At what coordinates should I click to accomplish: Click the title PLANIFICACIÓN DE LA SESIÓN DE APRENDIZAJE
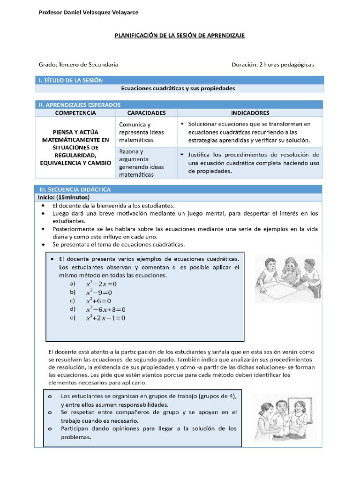point(180,36)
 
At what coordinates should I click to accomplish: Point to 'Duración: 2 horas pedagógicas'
point(272,65)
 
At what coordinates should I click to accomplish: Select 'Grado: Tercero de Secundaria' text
point(78,65)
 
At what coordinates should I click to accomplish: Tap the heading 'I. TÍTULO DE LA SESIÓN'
point(70,80)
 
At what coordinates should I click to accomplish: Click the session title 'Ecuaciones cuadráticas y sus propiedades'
point(178,88)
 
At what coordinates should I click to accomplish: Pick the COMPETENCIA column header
point(75,113)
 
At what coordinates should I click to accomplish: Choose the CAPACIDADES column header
point(146,113)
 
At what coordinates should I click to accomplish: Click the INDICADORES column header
point(250,113)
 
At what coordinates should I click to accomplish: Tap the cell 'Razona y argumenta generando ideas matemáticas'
point(138,163)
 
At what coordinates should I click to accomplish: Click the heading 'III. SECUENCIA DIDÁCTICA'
point(75,189)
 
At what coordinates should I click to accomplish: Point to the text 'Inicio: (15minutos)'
point(64,197)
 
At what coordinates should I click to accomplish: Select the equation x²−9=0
point(99,292)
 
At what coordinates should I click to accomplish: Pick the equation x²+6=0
point(99,301)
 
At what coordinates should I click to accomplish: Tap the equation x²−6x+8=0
point(105,309)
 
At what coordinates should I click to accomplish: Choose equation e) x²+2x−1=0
point(105,318)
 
